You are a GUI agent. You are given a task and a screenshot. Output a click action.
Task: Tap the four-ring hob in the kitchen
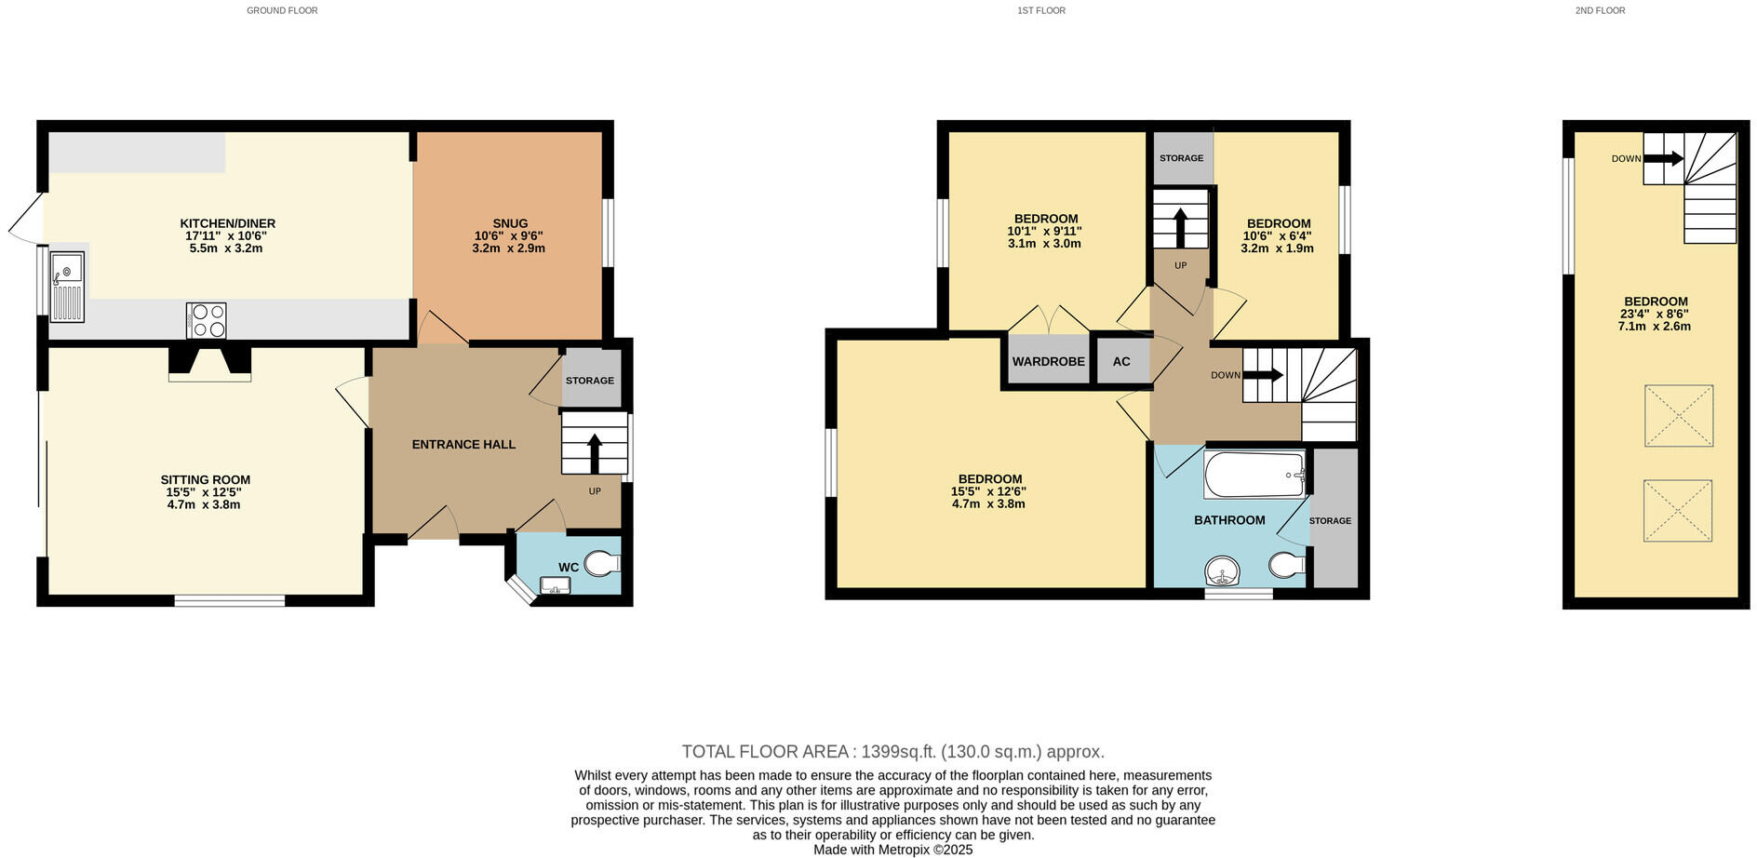(207, 321)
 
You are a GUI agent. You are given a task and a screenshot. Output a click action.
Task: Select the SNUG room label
(510, 223)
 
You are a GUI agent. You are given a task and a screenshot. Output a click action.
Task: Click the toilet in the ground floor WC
(605, 564)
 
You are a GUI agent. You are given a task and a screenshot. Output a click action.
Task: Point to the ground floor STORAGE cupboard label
(590, 381)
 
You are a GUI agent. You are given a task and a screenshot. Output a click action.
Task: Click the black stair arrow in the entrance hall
(595, 453)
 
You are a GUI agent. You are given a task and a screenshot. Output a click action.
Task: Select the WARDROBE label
(1049, 361)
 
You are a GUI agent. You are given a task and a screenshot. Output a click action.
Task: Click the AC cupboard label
(1121, 361)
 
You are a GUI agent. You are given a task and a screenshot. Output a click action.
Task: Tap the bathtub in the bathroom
(1254, 476)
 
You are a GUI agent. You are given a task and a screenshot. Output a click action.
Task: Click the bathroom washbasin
(1223, 570)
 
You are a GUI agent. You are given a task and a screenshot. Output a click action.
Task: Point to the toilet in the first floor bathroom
(1287, 564)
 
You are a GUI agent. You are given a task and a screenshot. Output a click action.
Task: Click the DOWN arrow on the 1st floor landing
(1263, 375)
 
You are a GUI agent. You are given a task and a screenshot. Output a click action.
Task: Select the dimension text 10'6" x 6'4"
(1277, 236)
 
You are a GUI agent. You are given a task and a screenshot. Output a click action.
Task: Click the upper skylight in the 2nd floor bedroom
(1679, 416)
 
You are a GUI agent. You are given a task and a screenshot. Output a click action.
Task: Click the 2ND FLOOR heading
(1600, 10)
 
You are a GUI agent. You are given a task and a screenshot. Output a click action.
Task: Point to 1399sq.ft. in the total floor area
(899, 752)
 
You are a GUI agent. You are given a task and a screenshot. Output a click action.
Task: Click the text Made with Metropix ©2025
(892, 850)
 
